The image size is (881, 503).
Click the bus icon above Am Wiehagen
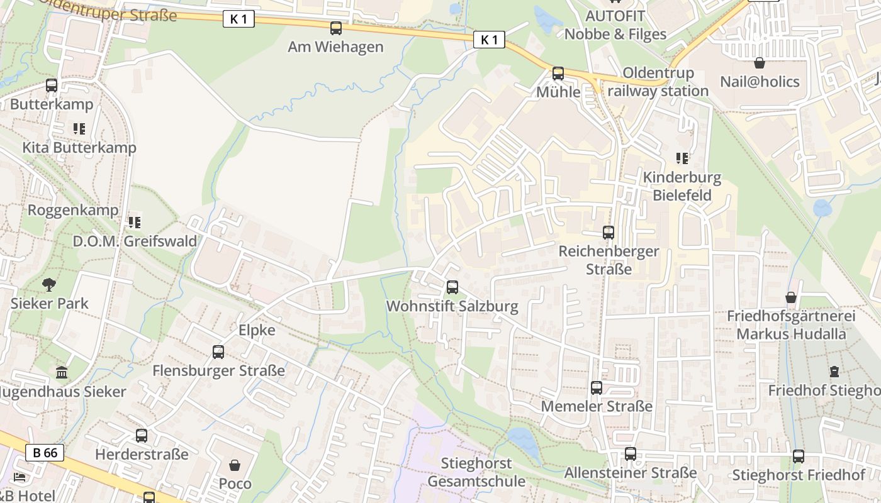(x=336, y=28)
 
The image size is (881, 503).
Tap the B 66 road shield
(x=45, y=452)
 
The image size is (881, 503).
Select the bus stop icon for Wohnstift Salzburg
(x=452, y=288)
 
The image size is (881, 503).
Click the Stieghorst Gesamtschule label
(x=476, y=472)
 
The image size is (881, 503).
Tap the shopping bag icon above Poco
(x=235, y=466)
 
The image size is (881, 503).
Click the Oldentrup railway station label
(x=658, y=82)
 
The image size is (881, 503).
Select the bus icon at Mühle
(x=558, y=74)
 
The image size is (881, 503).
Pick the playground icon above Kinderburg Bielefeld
(x=682, y=158)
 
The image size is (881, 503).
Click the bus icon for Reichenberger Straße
(x=608, y=233)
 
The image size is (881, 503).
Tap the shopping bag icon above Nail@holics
(x=760, y=64)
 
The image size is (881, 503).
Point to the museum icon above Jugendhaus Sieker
(x=62, y=373)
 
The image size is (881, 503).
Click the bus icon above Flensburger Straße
(x=218, y=352)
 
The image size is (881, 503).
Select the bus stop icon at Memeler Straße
(x=597, y=388)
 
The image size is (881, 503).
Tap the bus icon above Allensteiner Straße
(x=631, y=454)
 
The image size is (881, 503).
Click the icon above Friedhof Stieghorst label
(x=834, y=372)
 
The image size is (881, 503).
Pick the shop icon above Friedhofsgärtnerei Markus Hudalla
(x=791, y=297)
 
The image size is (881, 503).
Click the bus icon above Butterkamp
(x=52, y=86)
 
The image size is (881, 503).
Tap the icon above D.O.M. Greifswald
(x=134, y=223)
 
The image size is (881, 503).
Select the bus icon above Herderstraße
(x=142, y=436)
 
